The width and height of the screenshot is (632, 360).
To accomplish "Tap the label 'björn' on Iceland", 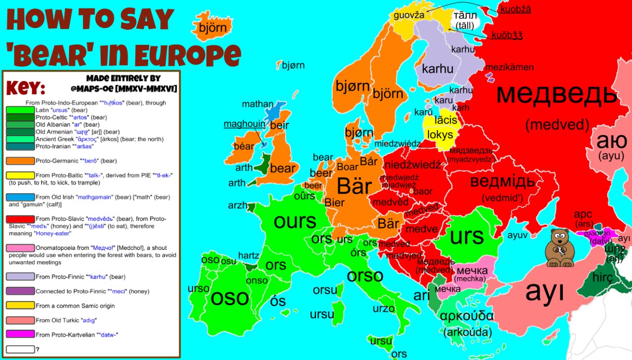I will tap(212, 28).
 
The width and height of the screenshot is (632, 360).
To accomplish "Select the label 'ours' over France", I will tap(295, 221).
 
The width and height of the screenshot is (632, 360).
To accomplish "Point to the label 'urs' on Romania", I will tap(467, 236).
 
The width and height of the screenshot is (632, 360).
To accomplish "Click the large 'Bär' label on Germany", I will tap(354, 187).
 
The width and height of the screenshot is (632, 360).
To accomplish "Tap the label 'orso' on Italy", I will tap(365, 275).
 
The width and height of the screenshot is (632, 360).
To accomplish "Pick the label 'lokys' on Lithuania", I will tap(439, 135).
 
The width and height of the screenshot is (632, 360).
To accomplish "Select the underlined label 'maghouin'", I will tap(244, 124).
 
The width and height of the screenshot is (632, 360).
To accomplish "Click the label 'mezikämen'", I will tap(510, 67).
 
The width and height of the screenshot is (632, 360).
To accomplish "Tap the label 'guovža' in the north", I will tap(409, 15).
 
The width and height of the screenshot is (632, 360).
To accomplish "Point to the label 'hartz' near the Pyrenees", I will tap(248, 255).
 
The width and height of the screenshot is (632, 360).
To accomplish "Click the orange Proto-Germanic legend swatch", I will tap(20, 160).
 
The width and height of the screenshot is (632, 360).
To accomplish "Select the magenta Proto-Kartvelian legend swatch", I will tap(20, 334).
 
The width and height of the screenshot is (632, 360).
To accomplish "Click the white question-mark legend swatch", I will tap(20, 349).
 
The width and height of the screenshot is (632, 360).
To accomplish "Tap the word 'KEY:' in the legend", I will tap(26, 88).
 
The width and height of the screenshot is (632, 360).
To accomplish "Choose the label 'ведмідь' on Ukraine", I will tap(502, 181).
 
